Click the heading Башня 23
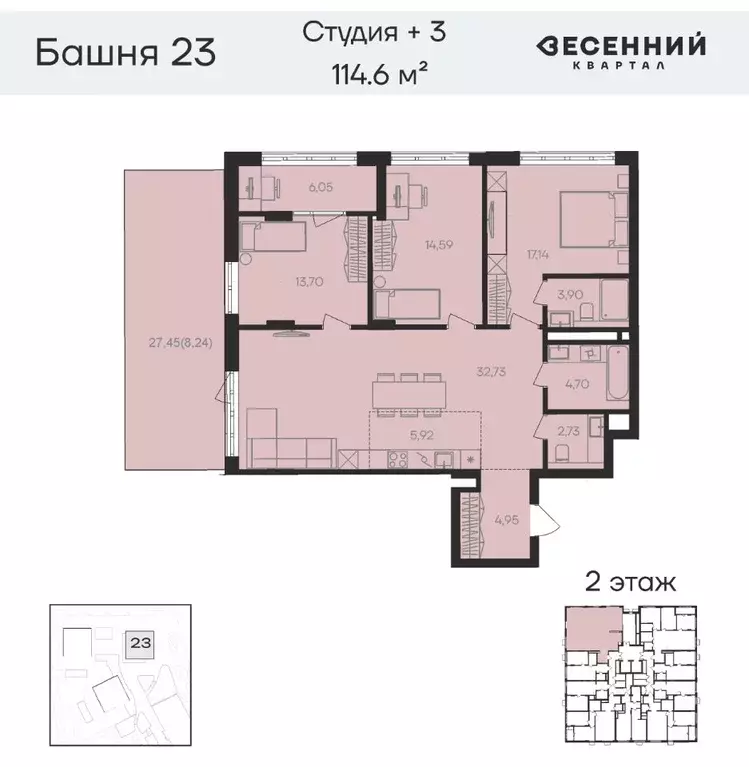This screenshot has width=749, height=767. [x=125, y=50]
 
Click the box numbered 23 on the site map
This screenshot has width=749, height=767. [x=135, y=645]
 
